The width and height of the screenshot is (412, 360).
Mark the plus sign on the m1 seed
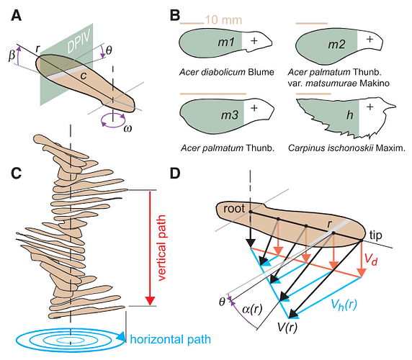254,42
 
